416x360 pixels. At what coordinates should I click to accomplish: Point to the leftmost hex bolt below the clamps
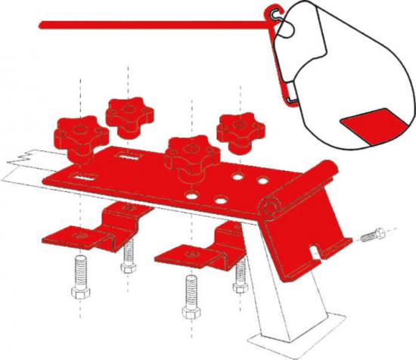pos(79,281)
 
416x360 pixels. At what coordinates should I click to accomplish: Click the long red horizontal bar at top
pos(151,26)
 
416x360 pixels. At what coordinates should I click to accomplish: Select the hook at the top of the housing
pos(273,13)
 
